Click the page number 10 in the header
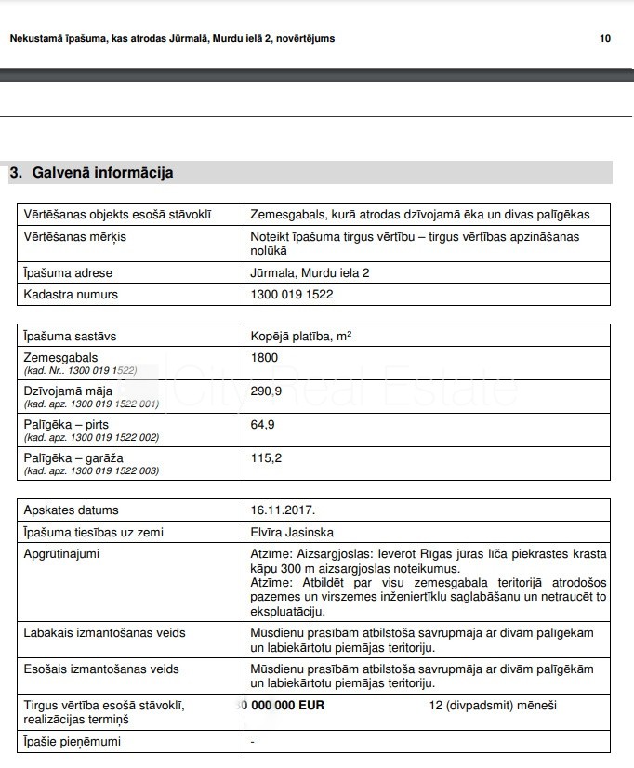605,39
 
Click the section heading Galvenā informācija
102,173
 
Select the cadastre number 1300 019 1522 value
292,295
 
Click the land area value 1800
264,358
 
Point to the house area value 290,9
266,391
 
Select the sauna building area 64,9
262,425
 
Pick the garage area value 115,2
266,458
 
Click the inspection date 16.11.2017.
283,510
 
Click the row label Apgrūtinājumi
61,554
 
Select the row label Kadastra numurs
71,295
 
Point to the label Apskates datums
72,510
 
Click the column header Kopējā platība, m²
301,336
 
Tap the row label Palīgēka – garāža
73,458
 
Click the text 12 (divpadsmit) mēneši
493,706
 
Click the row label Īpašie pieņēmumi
73,742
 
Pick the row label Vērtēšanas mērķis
74,237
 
